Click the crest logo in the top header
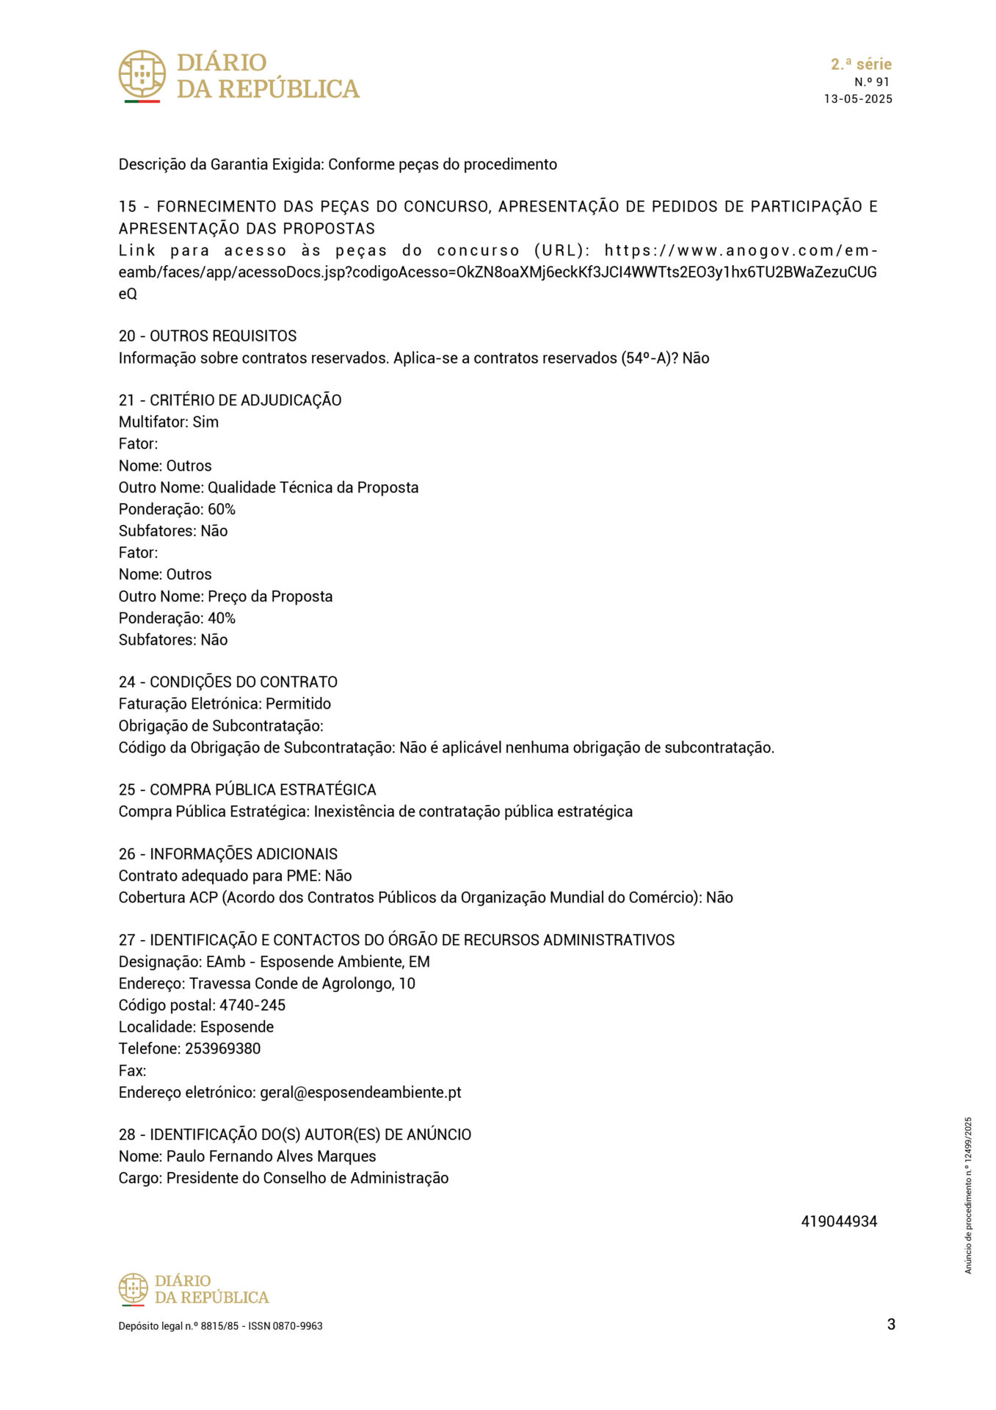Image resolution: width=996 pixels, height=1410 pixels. (142, 74)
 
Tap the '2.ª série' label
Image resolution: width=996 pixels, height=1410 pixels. (861, 64)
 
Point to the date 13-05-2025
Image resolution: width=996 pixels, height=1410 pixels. (858, 99)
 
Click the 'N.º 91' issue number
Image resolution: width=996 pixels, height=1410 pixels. (871, 82)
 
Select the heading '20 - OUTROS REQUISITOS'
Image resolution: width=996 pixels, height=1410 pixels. (208, 336)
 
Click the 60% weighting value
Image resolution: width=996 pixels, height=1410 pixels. (222, 510)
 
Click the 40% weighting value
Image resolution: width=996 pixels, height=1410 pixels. (222, 618)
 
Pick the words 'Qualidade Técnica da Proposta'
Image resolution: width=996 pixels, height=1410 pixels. (313, 488)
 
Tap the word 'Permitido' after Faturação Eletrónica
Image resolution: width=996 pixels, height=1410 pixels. (298, 704)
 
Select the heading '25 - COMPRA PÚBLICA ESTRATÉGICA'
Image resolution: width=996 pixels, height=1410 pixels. (247, 790)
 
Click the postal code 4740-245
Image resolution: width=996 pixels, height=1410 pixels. (252, 1005)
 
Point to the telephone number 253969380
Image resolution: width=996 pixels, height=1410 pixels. (223, 1049)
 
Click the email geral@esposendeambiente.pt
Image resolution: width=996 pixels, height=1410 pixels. (360, 1093)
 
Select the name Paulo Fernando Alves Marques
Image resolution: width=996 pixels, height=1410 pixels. (271, 1157)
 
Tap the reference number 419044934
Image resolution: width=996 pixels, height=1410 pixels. (839, 1222)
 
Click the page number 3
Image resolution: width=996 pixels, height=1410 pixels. (891, 1325)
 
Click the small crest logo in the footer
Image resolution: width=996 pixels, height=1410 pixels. (133, 1290)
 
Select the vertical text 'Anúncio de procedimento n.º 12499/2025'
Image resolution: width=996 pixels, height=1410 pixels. (968, 1196)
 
